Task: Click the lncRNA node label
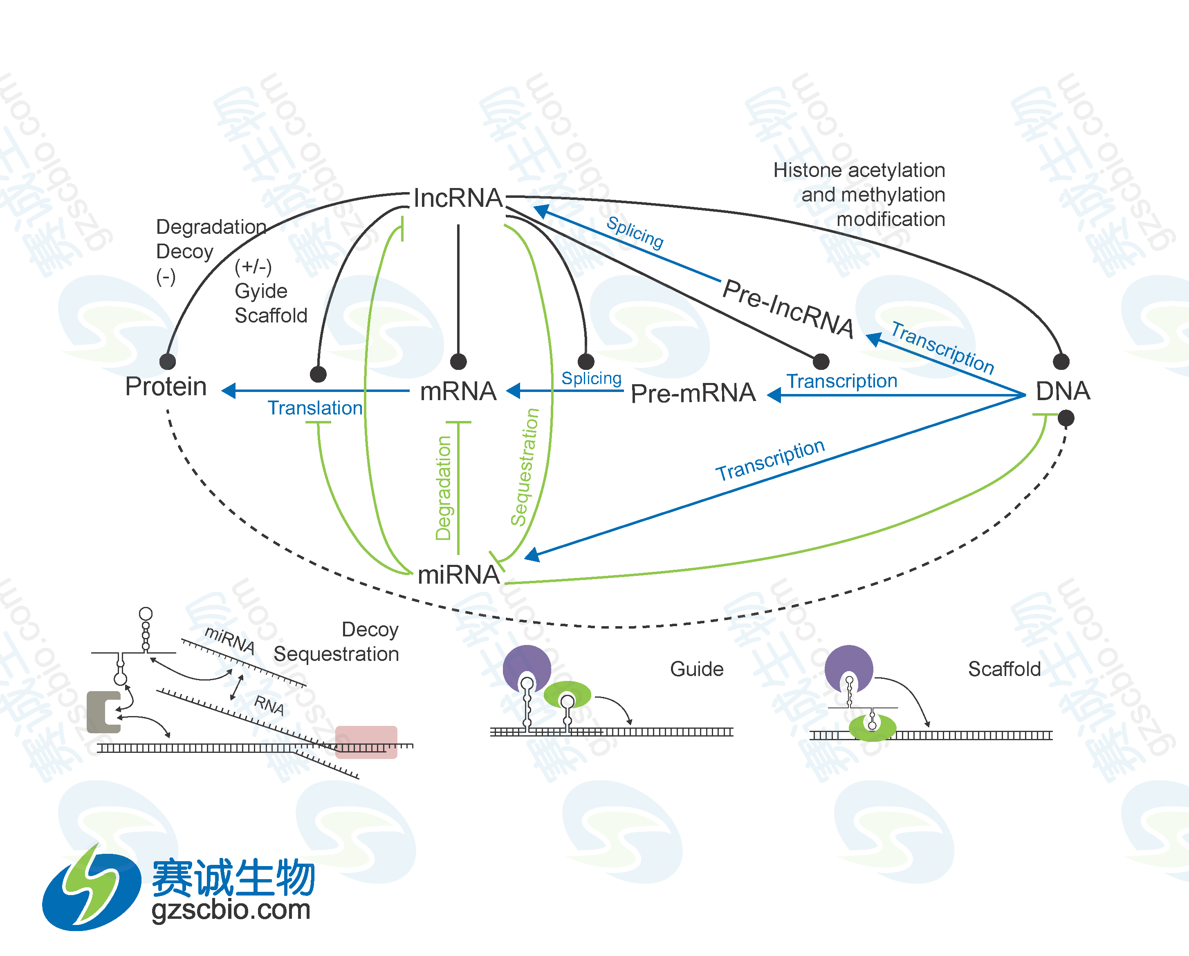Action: (x=458, y=198)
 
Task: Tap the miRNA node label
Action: (x=458, y=575)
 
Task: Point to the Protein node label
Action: (x=166, y=387)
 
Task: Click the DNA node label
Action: (x=1062, y=391)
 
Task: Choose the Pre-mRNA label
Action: (x=693, y=393)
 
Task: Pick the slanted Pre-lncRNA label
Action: (x=789, y=308)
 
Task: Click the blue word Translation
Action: (x=315, y=408)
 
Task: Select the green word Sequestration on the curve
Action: (x=525, y=467)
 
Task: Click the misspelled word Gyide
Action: (x=261, y=291)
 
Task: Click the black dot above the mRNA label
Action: (x=458, y=362)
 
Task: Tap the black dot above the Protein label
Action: (x=168, y=362)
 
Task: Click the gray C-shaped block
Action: (x=103, y=712)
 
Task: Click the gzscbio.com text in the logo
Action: (x=231, y=910)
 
